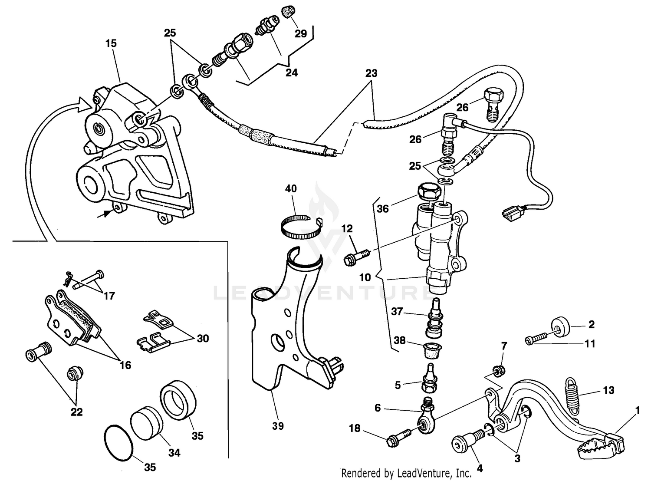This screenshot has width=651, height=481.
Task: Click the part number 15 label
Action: (111, 43)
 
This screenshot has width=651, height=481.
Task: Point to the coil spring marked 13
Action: (574, 395)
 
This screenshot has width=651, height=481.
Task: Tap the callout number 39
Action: (278, 426)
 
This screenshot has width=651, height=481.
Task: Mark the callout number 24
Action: (291, 72)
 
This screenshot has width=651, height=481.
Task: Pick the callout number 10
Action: (365, 277)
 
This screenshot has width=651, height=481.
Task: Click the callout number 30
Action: (203, 338)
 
